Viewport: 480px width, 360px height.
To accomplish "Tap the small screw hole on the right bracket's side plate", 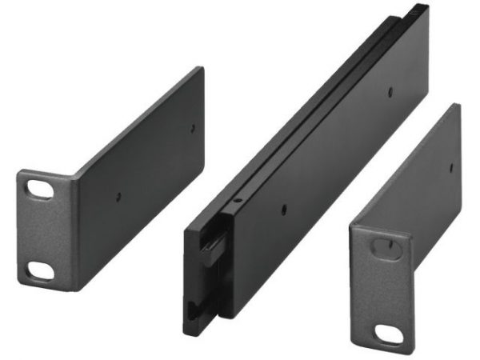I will (452, 166).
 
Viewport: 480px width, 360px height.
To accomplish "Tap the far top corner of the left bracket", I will (200, 69).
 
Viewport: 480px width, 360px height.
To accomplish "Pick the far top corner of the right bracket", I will (457, 106).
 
